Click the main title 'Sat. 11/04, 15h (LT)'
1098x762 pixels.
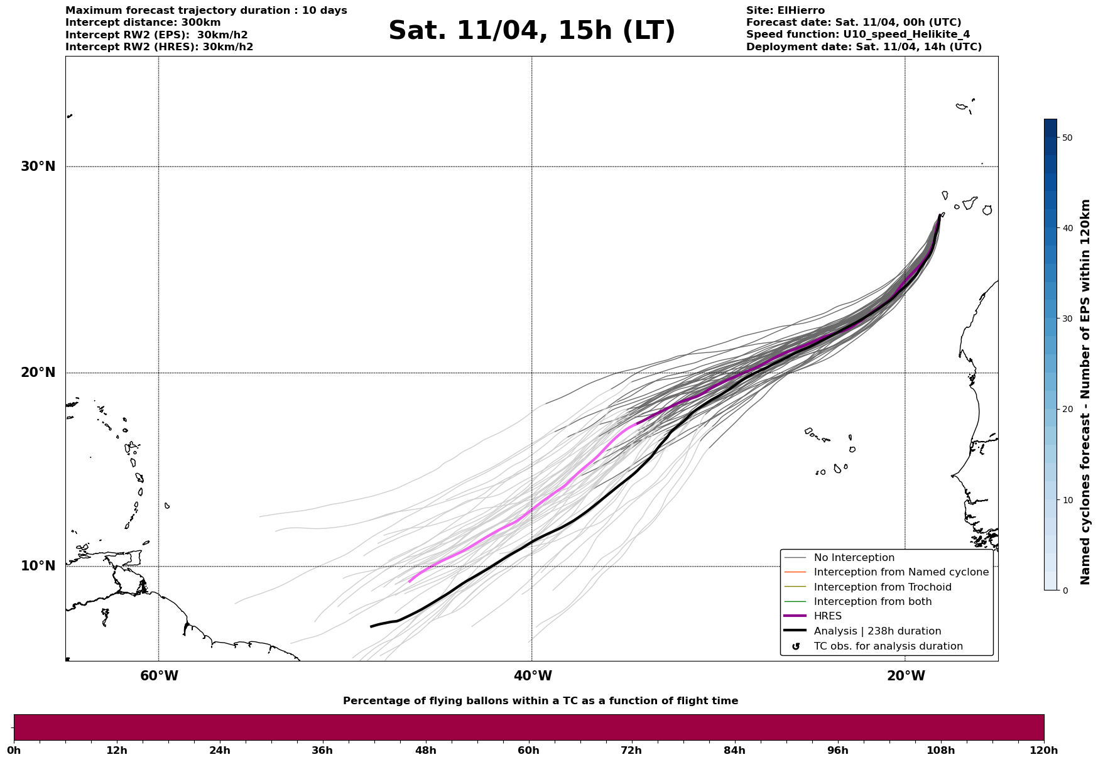point(531,31)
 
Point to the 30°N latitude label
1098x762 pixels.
point(38,166)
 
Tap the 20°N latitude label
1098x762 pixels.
point(38,373)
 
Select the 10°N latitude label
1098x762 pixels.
point(38,566)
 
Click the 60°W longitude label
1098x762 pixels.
point(159,676)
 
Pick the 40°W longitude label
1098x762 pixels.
point(533,676)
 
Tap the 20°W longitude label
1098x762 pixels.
point(906,676)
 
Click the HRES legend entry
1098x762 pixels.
point(827,616)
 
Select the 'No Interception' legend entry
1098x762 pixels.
point(854,558)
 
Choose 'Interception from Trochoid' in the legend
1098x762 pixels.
point(882,587)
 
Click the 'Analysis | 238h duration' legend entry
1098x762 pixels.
point(877,631)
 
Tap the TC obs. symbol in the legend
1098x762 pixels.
point(796,646)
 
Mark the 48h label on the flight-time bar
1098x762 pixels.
point(425,750)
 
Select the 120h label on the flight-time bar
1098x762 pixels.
point(1044,750)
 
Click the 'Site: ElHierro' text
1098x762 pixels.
point(785,11)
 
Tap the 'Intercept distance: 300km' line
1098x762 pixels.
point(143,23)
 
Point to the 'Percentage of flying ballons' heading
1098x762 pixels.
point(540,701)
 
